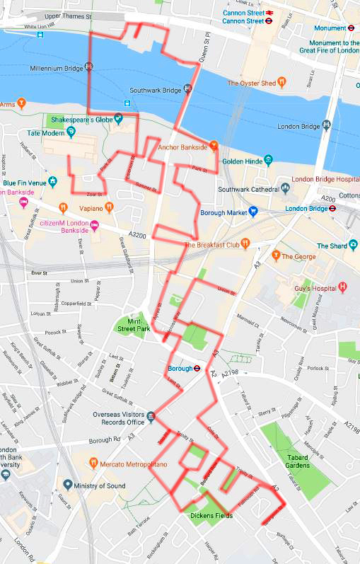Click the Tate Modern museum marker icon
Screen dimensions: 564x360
[x=72, y=132]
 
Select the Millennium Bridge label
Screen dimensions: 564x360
[x=57, y=69]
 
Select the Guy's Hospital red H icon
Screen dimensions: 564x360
[x=343, y=287]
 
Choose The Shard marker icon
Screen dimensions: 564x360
[x=353, y=246]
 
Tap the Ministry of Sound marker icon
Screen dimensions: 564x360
[x=68, y=485]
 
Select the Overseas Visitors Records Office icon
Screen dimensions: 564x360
[x=151, y=415]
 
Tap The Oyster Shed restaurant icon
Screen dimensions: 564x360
[x=281, y=83]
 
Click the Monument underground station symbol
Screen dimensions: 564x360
[x=351, y=28]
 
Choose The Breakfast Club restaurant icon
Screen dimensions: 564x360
[x=245, y=245]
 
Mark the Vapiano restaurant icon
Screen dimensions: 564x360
[x=64, y=208]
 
